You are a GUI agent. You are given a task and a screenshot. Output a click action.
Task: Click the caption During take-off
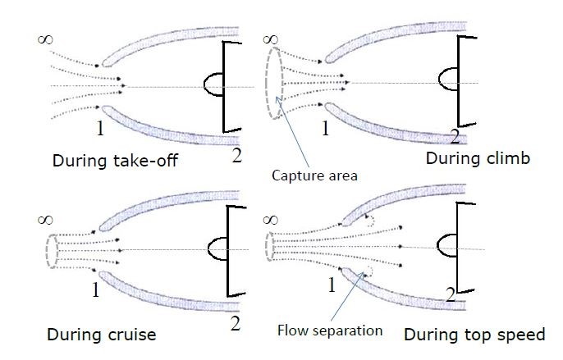[115, 161]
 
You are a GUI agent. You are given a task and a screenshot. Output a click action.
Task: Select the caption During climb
[476, 159]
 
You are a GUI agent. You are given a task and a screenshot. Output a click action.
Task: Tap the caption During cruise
[101, 335]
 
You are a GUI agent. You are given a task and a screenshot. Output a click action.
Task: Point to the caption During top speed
[474, 335]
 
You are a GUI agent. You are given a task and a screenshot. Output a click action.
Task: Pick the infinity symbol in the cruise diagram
[46, 219]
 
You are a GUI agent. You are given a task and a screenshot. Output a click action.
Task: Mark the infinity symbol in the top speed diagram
[271, 219]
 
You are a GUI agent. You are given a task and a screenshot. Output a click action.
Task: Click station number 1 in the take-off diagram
[98, 128]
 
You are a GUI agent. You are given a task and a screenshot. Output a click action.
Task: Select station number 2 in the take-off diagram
[236, 154]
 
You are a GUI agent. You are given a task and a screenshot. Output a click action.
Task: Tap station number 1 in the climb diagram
[325, 128]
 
